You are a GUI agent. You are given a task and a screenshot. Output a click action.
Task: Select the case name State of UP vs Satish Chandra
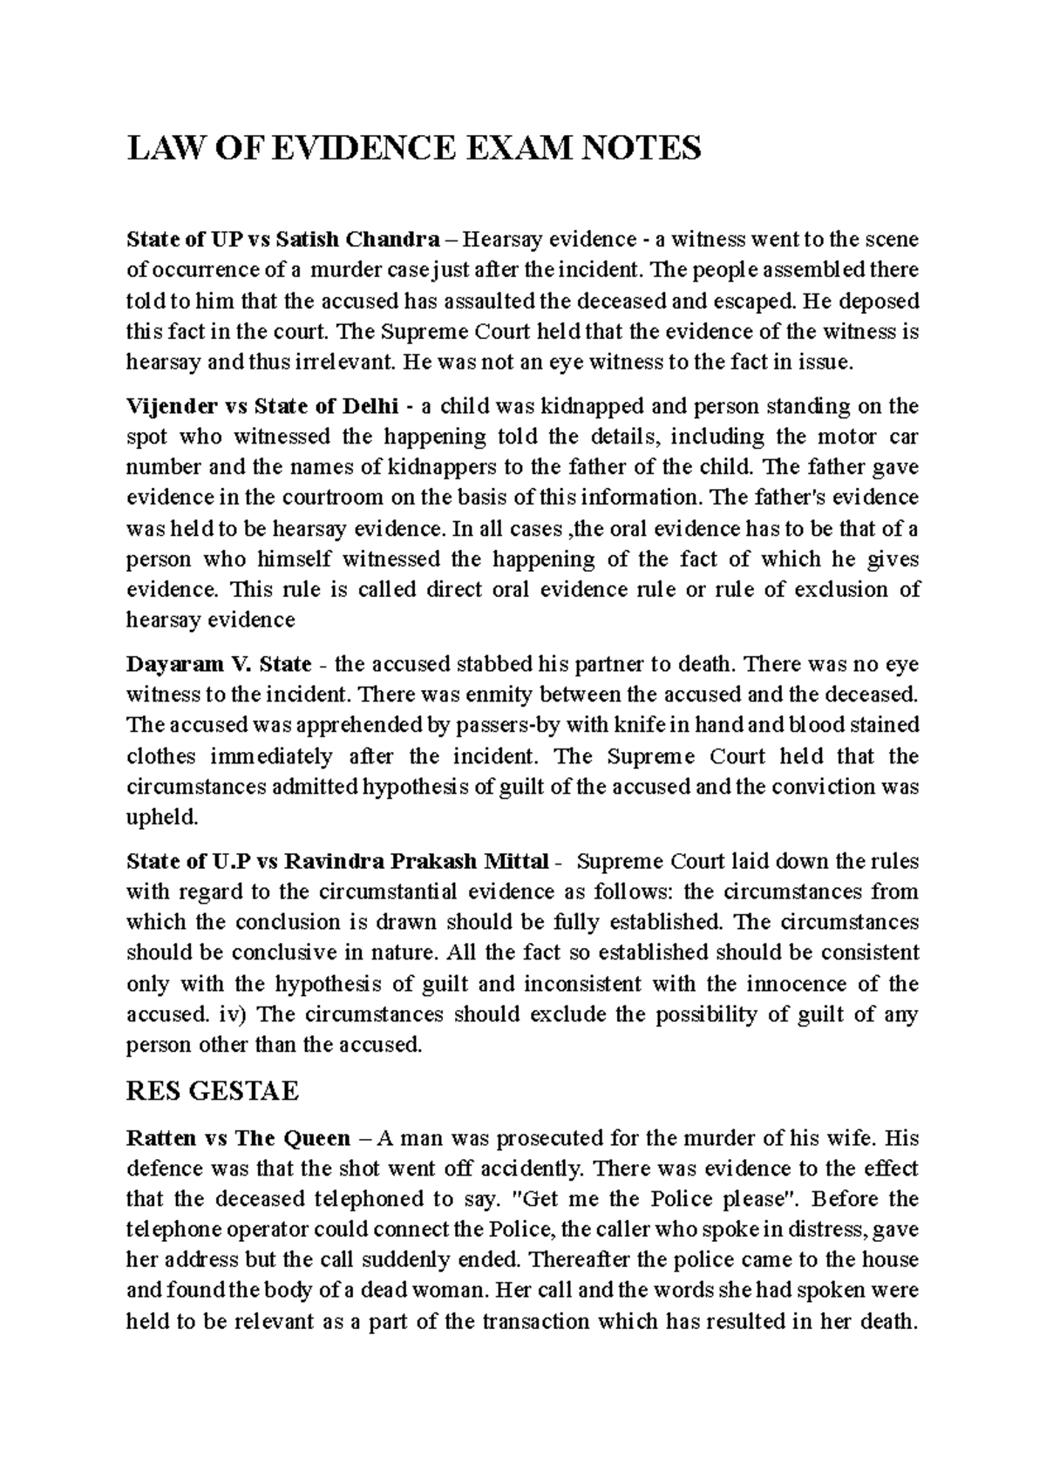pos(283,239)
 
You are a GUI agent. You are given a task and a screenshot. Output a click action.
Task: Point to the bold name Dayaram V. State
pos(219,664)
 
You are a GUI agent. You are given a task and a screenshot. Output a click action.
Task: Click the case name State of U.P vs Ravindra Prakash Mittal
pos(338,862)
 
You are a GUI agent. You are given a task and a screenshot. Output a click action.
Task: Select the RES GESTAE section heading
pos(213,1091)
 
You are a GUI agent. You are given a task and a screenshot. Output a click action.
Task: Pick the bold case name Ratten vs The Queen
pos(239,1138)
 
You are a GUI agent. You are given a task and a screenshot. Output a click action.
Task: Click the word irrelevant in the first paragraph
pos(343,363)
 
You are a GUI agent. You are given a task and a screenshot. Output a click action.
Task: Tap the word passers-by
pos(525,726)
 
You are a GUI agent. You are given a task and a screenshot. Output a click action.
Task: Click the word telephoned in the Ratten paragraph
pos(382,1199)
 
